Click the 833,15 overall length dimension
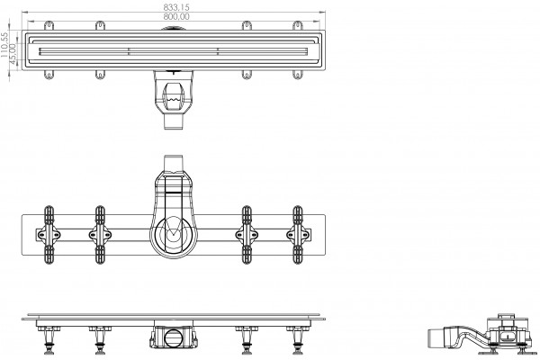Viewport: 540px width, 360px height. [176, 7]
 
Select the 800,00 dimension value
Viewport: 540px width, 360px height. [176, 16]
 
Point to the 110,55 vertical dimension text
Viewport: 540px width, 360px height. [4, 45]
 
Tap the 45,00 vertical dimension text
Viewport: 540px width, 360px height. [13, 54]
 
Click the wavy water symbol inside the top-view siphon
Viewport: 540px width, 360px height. [173, 100]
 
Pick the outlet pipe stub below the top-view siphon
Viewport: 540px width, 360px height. [173, 121]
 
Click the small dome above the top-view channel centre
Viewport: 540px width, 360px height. [173, 28]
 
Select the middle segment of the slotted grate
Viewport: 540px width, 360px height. [173, 51]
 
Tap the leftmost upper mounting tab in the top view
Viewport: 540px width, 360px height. [49, 25]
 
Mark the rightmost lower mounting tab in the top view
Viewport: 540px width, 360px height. [298, 75]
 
